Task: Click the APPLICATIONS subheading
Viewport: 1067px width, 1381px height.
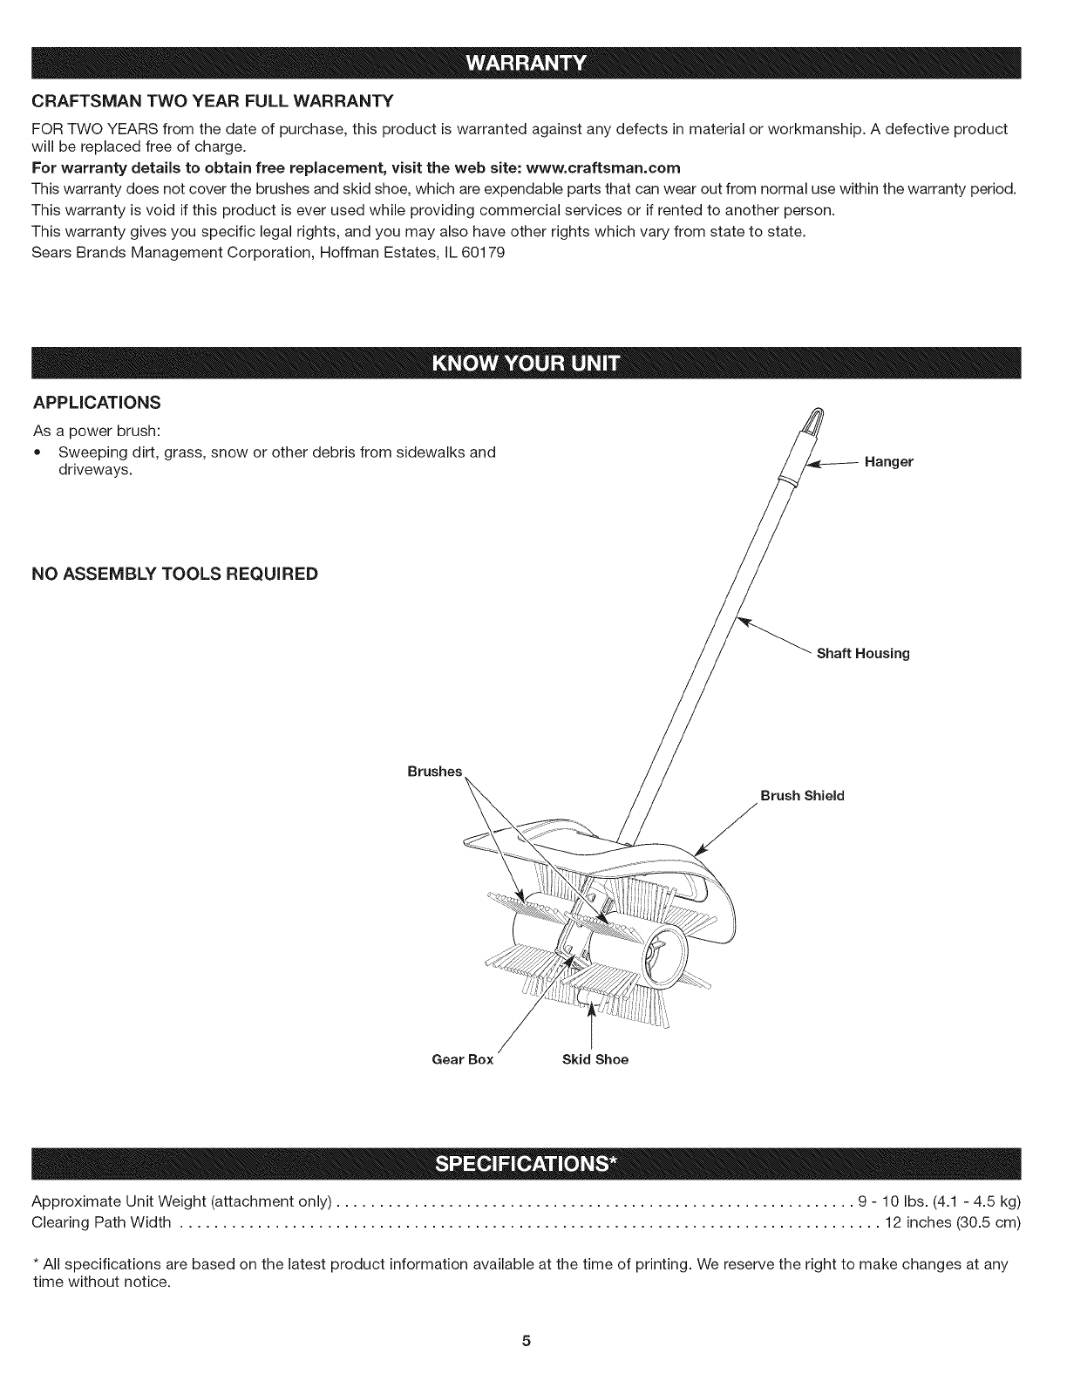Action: (96, 403)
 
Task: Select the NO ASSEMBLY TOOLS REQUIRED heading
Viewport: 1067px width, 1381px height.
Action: (174, 574)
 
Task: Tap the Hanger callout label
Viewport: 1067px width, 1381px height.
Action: (888, 462)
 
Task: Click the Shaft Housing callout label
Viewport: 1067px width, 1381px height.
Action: (862, 654)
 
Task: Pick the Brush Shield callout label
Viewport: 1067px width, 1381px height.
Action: (802, 796)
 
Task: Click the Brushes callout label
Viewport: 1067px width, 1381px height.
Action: (434, 772)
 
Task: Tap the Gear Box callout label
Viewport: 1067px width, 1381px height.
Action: (463, 1060)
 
